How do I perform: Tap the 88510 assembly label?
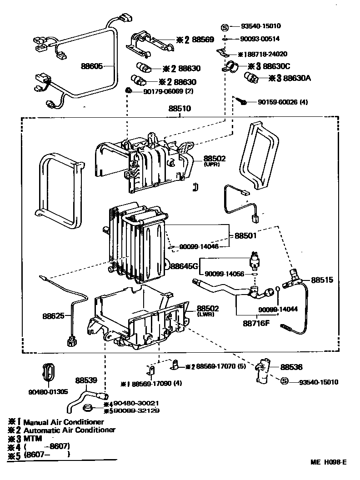[180, 110]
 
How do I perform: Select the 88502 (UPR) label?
[215, 160]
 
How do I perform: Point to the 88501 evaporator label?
[245, 236]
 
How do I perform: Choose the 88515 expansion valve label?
[322, 280]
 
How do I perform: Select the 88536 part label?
[291, 367]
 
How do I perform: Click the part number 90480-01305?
[48, 391]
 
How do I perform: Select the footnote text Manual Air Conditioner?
[64, 422]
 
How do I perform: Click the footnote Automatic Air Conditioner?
[69, 430]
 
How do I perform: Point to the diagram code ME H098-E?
[328, 462]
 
